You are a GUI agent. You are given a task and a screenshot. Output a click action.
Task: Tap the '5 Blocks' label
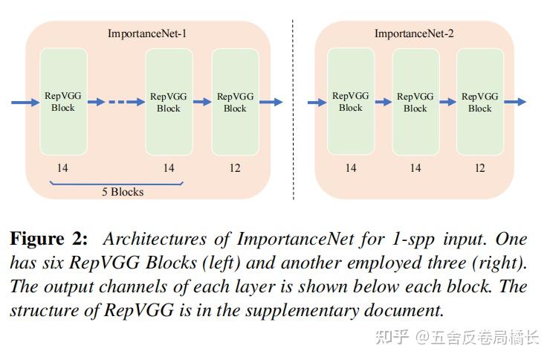tap(123, 191)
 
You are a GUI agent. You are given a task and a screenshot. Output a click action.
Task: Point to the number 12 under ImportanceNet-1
tap(235, 167)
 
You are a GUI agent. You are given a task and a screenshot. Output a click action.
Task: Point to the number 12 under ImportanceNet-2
tap(479, 167)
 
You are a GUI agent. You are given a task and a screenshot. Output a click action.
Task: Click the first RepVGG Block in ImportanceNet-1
tap(63, 102)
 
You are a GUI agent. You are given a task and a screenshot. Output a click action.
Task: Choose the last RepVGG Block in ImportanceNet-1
tap(235, 102)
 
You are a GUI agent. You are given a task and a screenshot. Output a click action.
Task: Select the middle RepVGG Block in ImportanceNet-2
tap(415, 102)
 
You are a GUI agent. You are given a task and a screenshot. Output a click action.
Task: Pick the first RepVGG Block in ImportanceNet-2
tap(351, 102)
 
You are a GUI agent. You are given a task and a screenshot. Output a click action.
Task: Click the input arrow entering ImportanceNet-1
tap(24, 102)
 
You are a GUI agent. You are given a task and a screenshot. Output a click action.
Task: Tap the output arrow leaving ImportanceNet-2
tap(516, 102)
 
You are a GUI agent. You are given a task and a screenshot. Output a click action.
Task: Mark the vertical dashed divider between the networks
tap(293, 112)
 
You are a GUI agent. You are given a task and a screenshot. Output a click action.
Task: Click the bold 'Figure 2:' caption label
tap(48, 240)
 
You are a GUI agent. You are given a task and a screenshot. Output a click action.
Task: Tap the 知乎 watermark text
tap(392, 337)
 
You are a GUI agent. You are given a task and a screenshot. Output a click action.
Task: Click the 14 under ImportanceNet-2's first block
tap(351, 167)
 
